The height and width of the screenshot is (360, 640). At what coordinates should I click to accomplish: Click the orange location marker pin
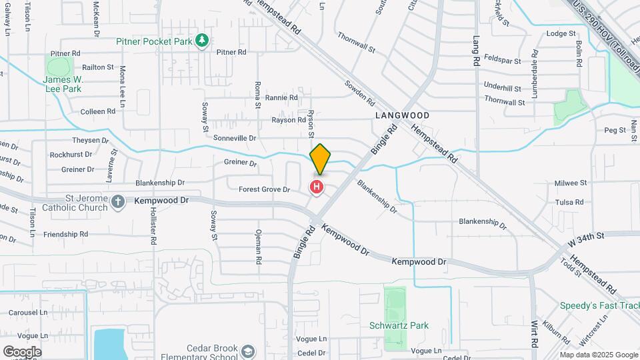click(x=320, y=159)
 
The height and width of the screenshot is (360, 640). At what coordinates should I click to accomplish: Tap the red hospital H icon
click(x=317, y=187)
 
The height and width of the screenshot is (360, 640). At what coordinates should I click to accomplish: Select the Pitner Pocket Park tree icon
click(x=202, y=41)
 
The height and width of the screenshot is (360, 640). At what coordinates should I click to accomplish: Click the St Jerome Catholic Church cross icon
click(x=117, y=201)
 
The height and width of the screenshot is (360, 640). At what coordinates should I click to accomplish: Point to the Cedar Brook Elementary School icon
click(x=248, y=351)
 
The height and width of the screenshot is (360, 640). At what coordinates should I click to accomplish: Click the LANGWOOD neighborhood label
click(x=402, y=115)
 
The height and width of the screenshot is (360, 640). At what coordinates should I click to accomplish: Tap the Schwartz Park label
click(x=399, y=325)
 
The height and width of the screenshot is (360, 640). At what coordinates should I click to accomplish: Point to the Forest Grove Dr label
click(x=265, y=189)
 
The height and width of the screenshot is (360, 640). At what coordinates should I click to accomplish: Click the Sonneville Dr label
click(x=235, y=137)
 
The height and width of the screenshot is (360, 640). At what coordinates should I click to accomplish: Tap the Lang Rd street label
click(x=477, y=51)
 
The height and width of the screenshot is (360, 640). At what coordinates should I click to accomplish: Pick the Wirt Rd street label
click(x=535, y=334)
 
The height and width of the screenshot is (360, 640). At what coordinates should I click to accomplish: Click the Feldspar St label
click(x=503, y=60)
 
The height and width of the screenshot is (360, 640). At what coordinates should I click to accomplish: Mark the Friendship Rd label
click(x=65, y=234)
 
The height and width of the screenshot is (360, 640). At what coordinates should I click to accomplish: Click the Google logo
click(x=22, y=351)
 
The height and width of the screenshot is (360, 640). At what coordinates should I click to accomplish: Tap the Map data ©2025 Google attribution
click(x=598, y=355)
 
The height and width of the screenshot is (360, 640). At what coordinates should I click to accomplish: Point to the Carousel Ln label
click(x=28, y=312)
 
